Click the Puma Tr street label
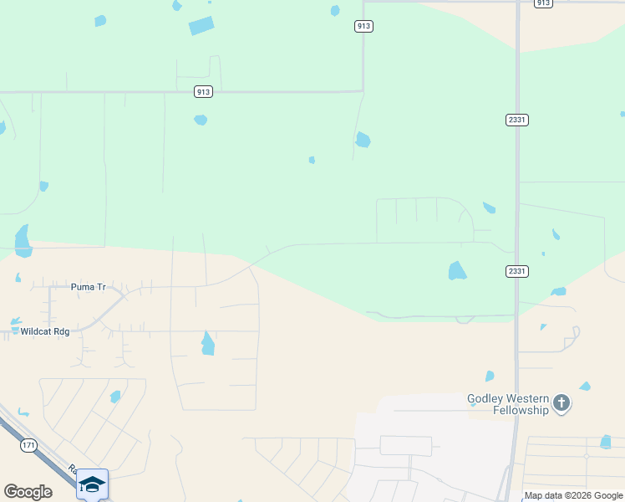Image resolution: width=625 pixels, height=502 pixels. [x=89, y=287]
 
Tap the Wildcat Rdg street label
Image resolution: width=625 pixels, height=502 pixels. [x=45, y=331]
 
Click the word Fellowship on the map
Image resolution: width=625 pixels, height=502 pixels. [x=519, y=410]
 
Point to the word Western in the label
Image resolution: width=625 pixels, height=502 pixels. [x=530, y=397]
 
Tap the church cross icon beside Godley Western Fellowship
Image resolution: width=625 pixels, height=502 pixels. [x=562, y=404]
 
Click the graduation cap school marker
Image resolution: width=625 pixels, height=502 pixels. [x=92, y=484]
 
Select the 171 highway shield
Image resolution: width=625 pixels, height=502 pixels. [x=29, y=444]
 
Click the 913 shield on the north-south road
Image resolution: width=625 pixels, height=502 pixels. [x=363, y=26]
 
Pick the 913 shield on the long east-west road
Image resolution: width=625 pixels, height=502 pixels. [x=202, y=92]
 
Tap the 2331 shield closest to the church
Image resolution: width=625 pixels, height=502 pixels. [x=516, y=271]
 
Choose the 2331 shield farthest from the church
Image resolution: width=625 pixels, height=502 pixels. [x=516, y=120]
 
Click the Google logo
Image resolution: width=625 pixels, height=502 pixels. [x=28, y=492]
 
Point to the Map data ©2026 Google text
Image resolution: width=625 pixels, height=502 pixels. [x=573, y=495]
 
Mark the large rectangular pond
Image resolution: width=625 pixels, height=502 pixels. [x=201, y=26]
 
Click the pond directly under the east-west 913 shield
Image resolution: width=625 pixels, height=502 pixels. [x=201, y=120]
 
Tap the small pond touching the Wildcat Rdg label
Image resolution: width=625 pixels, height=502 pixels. [x=14, y=320]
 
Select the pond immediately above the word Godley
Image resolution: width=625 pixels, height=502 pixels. [x=490, y=376]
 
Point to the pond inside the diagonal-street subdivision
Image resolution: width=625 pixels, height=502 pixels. [x=115, y=397]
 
